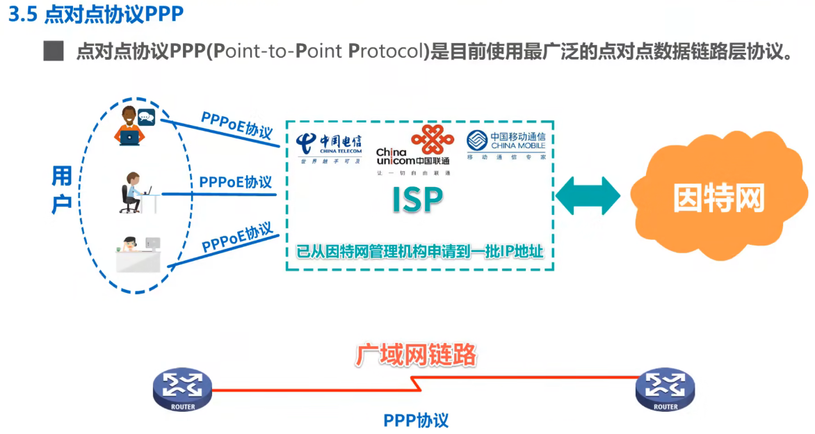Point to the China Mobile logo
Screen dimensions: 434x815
[505, 145]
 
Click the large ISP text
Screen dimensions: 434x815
[417, 200]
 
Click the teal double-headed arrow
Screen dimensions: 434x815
[588, 196]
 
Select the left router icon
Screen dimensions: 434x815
[182, 390]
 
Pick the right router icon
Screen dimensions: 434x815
[665, 389]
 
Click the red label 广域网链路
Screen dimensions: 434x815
[417, 355]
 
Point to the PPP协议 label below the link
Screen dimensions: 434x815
[416, 420]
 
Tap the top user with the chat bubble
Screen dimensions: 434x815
[134, 126]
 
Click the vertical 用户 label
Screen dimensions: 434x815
[62, 190]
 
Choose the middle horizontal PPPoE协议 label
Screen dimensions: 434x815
[235, 182]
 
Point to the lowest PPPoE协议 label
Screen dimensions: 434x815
[236, 238]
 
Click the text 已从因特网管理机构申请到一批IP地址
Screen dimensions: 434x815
[420, 251]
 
